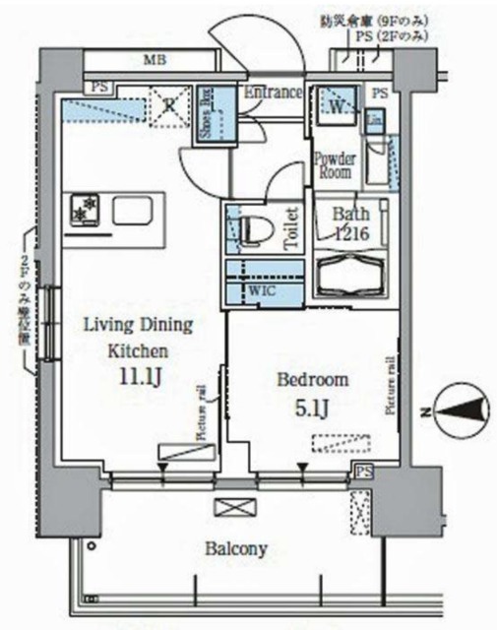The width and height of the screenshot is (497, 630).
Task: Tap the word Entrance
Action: click(x=273, y=93)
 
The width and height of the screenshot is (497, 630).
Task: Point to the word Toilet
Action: click(x=291, y=230)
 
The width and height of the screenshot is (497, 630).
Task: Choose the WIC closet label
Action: click(x=261, y=291)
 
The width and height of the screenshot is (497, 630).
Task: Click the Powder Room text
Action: click(x=333, y=164)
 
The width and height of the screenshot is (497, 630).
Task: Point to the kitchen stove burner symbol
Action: click(x=86, y=209)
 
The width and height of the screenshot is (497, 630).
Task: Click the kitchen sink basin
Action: click(x=131, y=211)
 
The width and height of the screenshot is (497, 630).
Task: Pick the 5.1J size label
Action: click(x=312, y=407)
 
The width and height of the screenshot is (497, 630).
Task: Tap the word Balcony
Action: click(x=235, y=548)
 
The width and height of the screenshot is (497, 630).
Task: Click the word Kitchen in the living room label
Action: click(x=136, y=349)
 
